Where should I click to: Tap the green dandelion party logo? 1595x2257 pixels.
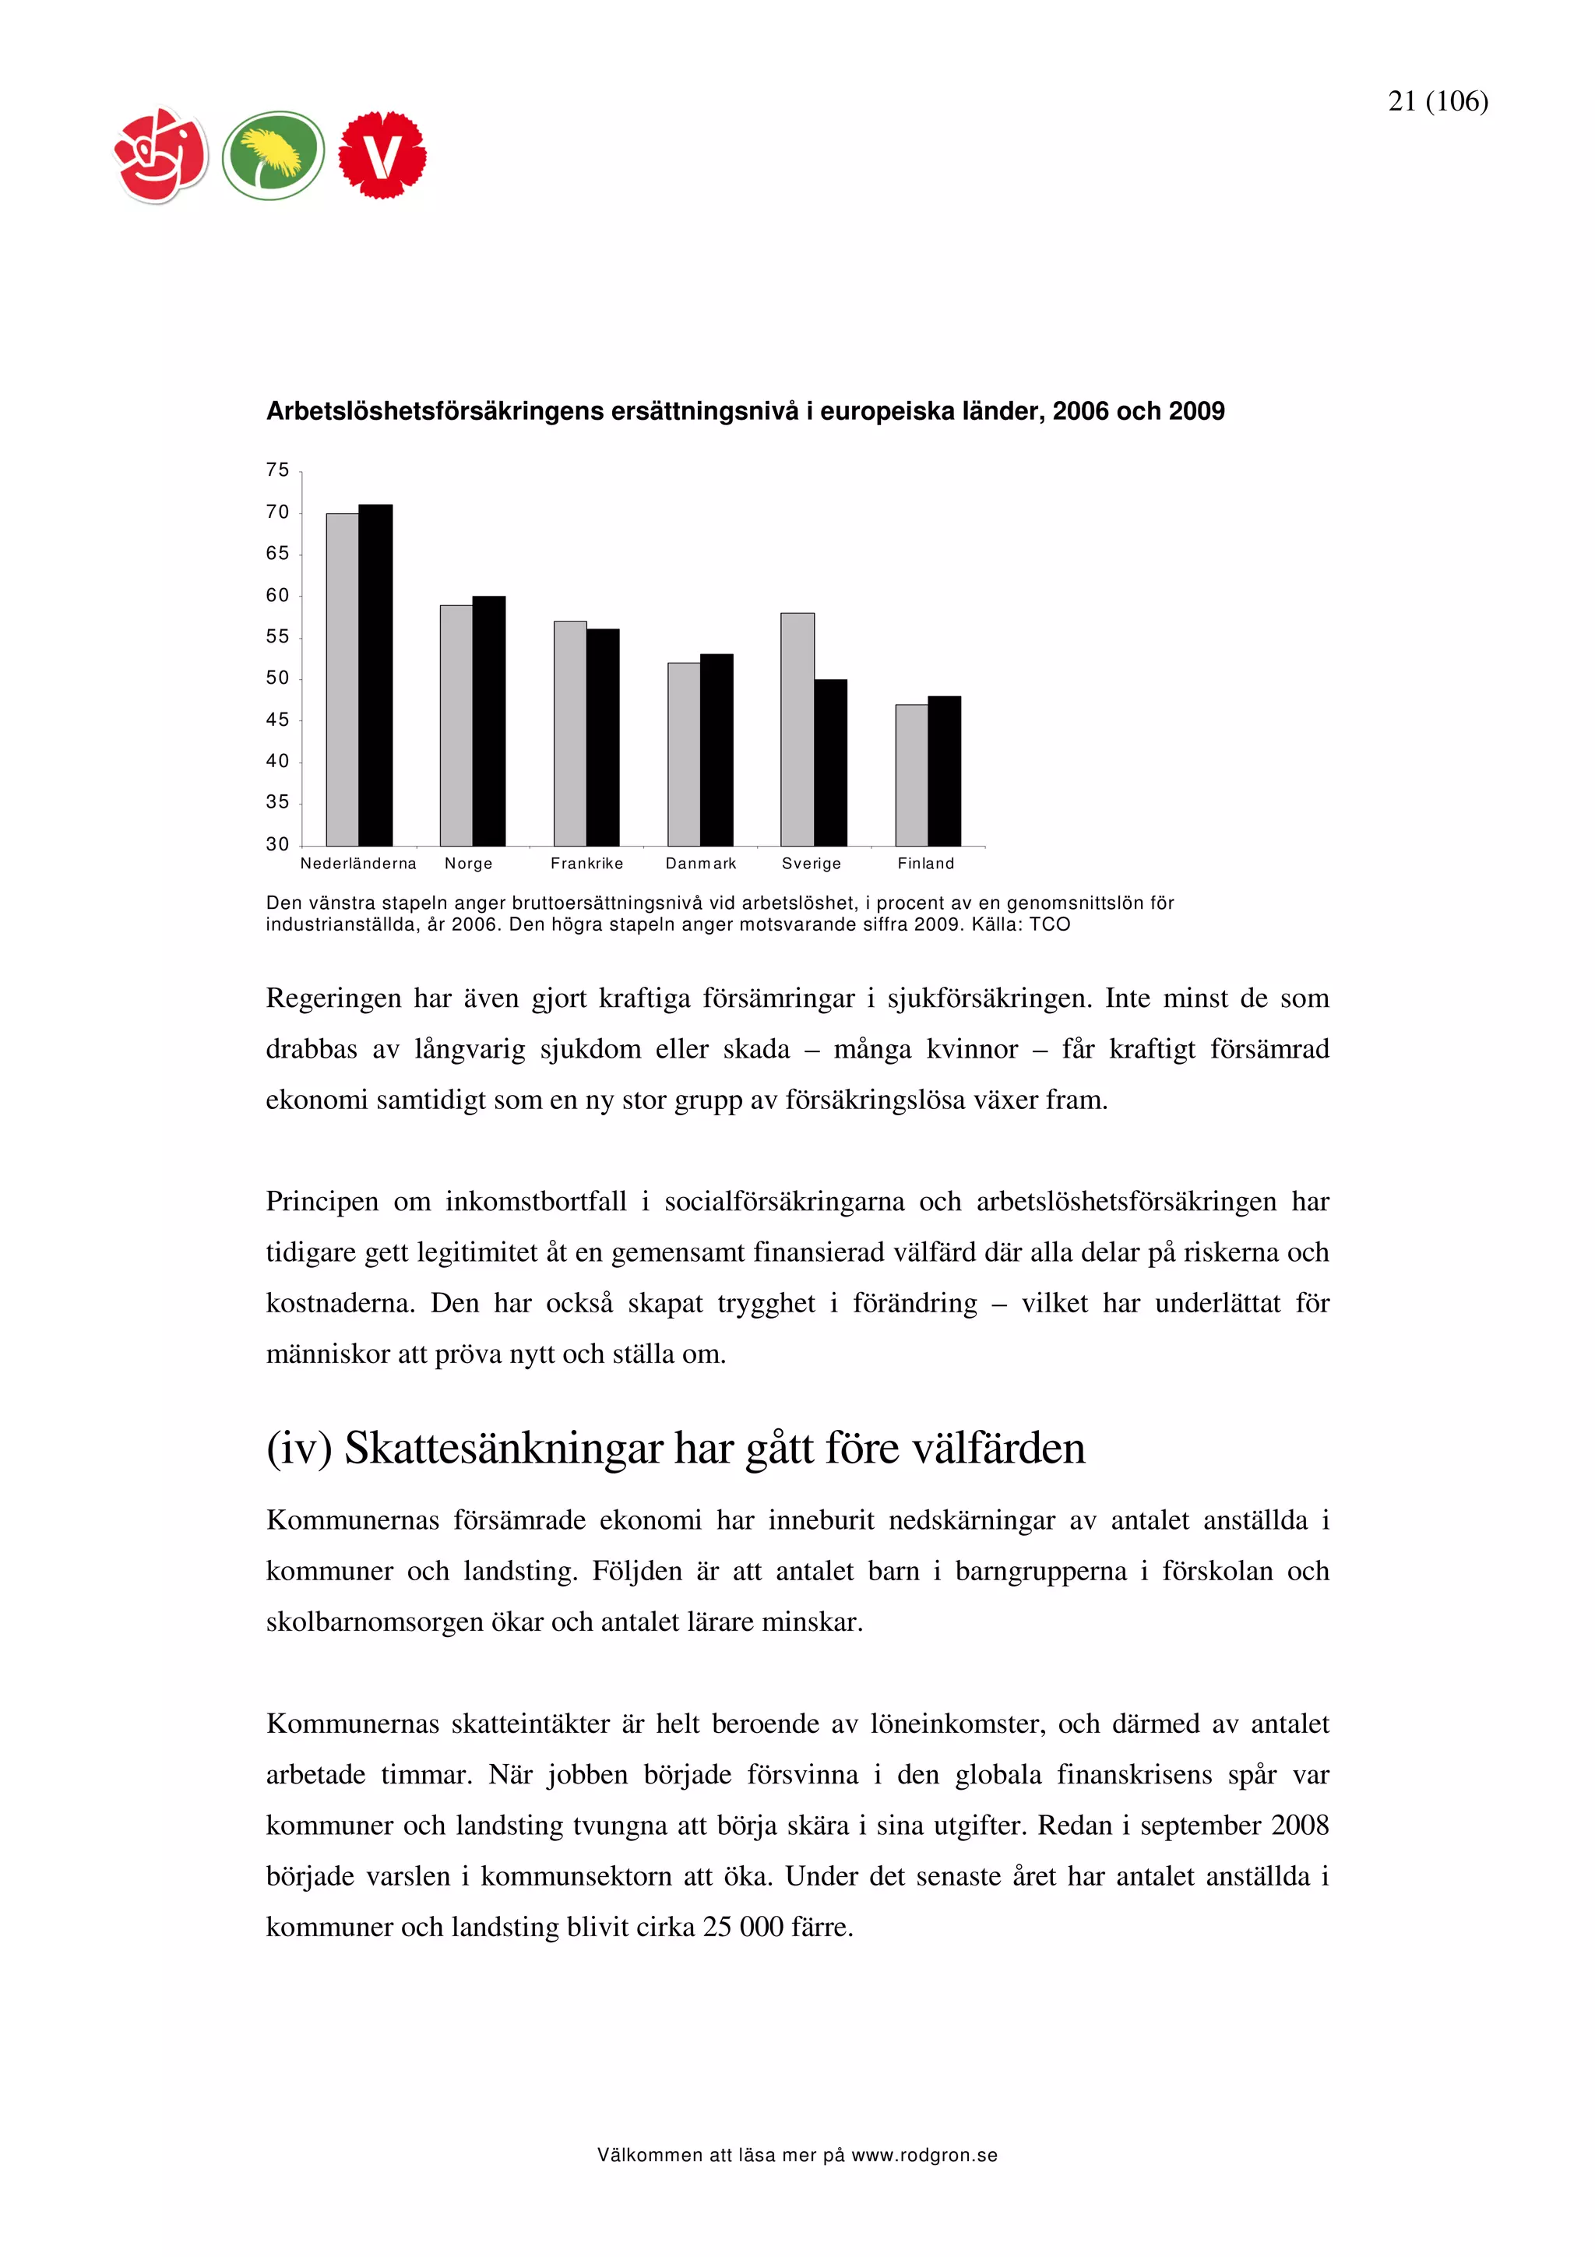point(273,155)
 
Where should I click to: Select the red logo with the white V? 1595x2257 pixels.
point(382,155)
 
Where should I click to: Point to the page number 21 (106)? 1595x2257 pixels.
point(1437,101)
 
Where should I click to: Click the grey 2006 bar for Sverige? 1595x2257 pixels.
point(797,730)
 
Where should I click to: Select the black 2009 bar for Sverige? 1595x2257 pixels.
point(830,762)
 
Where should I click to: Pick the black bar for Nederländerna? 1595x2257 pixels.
point(375,674)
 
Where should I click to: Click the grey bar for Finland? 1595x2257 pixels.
point(911,775)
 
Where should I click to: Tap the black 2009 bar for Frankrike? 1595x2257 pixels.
point(603,738)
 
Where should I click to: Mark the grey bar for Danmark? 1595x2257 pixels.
point(683,754)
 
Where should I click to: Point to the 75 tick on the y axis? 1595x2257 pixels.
point(277,470)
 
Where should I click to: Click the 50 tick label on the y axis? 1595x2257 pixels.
point(277,678)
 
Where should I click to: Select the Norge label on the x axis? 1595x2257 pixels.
point(468,863)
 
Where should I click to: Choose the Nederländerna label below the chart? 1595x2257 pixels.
point(357,863)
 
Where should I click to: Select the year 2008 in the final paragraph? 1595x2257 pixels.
point(1299,1825)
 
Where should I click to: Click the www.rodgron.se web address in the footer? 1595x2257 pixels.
point(924,2156)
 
